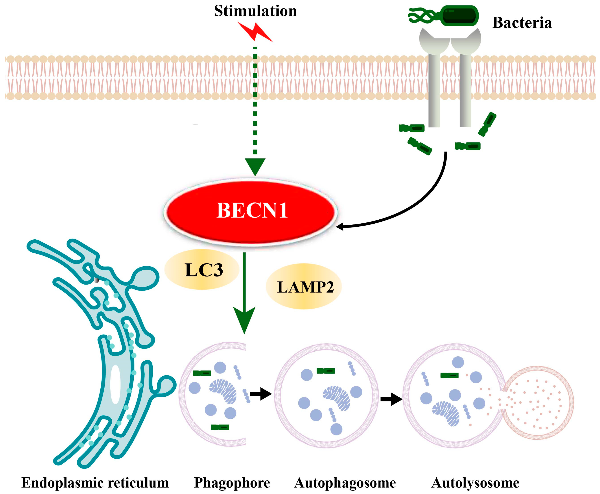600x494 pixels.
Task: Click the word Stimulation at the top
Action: click(255, 11)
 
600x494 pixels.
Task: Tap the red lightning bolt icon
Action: click(255, 32)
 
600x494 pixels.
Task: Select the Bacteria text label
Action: click(522, 23)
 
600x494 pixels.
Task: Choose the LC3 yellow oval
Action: click(202, 269)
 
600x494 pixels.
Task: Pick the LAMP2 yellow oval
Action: click(304, 287)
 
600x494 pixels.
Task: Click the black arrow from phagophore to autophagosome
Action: click(261, 394)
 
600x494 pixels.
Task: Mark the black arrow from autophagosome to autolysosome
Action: click(391, 399)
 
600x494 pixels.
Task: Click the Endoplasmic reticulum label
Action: click(95, 483)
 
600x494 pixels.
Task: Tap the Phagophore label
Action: click(232, 483)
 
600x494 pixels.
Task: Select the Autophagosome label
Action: click(345, 483)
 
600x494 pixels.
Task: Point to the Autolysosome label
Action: click(475, 483)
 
